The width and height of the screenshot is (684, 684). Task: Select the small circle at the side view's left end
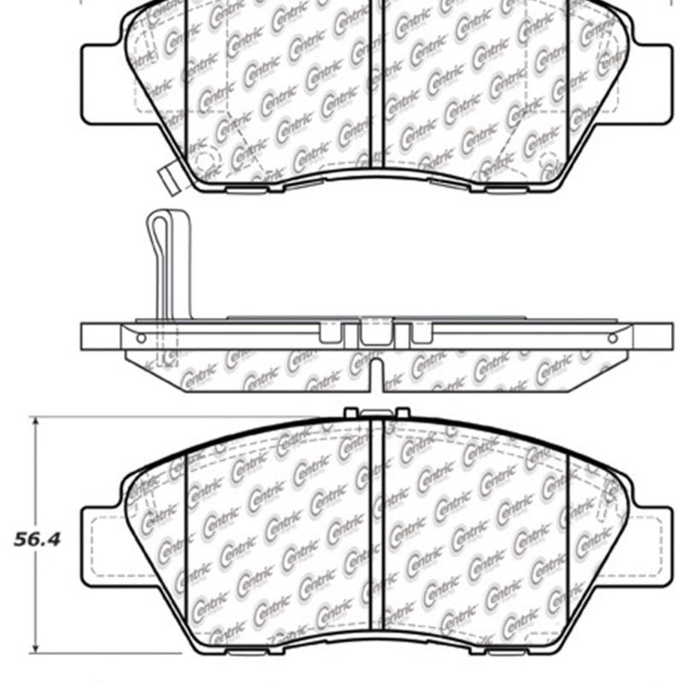coord(141,338)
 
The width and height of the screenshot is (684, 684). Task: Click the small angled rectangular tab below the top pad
coord(167,176)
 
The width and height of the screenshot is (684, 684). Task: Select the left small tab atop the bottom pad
coord(350,413)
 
